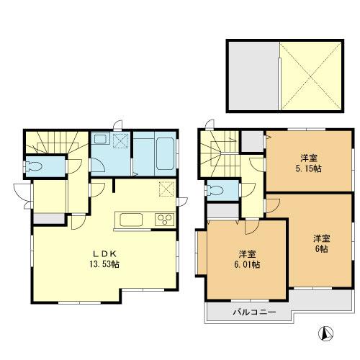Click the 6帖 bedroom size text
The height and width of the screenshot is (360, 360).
321,248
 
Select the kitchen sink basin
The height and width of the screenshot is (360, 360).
135,220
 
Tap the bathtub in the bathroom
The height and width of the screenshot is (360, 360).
152,152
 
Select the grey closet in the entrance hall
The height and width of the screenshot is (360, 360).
44,217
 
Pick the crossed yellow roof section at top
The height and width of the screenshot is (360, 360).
312,76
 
